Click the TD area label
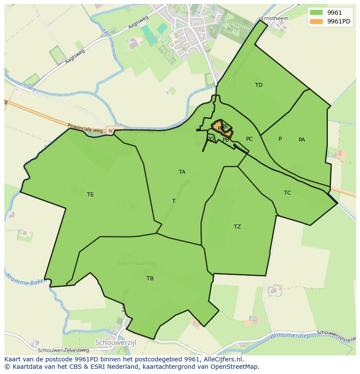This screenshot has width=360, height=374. coord(259,85)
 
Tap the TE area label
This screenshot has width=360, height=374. coord(90,195)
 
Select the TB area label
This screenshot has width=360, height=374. coord(150,278)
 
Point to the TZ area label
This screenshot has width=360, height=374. coord(237,227)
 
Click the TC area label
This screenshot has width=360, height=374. coord(287,193)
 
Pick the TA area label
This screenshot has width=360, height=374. coord(182,172)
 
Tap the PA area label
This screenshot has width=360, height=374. coord(302,140)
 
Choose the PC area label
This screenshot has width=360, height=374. coord(249,139)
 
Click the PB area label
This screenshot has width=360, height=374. coord(226,140)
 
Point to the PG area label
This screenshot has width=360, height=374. coord(210,139)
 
